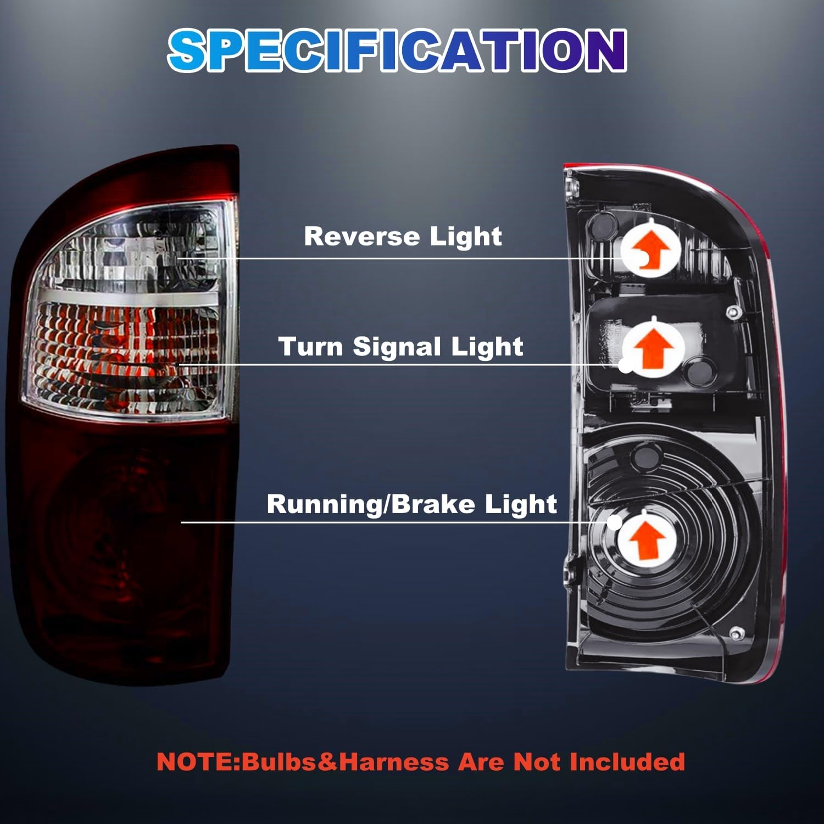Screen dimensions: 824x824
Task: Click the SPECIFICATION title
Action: click(x=397, y=51)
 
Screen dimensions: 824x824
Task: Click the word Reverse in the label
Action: click(x=361, y=236)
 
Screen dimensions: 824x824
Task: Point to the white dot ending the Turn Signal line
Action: click(x=626, y=365)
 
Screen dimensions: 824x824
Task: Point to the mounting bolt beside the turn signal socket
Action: click(x=732, y=313)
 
